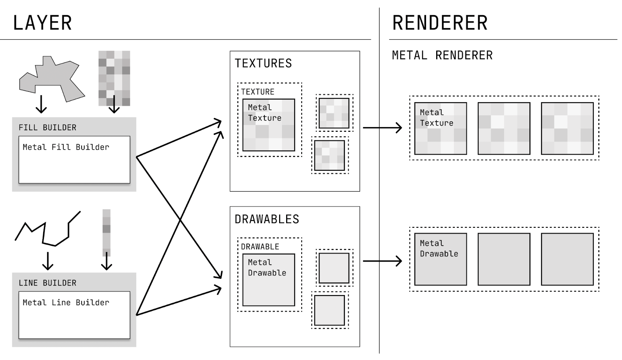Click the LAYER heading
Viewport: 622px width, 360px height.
42,23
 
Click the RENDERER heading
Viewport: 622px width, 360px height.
440,23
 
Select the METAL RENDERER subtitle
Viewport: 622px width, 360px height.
442,55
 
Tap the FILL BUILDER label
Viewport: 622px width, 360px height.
47,128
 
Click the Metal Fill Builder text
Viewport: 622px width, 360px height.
66,147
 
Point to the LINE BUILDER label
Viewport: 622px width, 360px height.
47,283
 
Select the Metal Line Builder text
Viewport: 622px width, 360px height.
66,302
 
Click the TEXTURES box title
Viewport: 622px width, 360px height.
263,63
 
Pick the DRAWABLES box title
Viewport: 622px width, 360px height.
267,219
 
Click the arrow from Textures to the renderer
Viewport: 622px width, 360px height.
382,128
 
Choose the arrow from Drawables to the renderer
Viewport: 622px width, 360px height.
382,261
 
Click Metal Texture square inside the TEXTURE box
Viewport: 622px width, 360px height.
269,125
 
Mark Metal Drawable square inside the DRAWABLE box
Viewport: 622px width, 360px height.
269,280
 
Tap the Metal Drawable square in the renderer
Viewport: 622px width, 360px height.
440,259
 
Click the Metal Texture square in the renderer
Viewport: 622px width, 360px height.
440,129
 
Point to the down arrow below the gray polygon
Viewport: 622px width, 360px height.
41,104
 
